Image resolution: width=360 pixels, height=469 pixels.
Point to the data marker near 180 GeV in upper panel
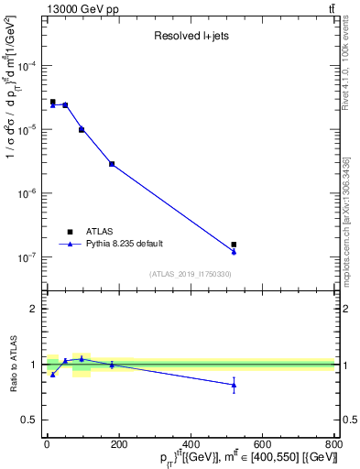click(112, 164)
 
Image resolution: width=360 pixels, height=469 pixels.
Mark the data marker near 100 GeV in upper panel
click(82, 130)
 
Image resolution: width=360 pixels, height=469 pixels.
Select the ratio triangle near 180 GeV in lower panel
click(112, 365)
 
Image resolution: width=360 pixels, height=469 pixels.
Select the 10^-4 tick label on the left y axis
click(27, 67)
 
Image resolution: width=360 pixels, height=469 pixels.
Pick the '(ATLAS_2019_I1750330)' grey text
click(191, 274)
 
